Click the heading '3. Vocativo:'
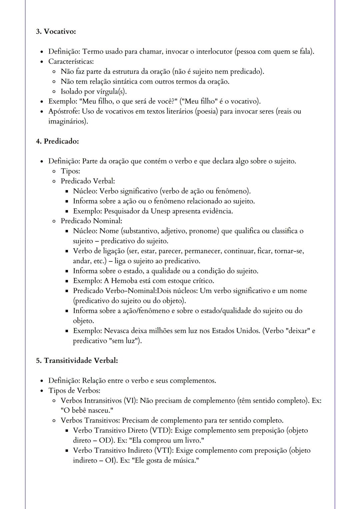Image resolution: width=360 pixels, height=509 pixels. (x=56, y=32)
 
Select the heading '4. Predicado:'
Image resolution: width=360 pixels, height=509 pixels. (x=57, y=141)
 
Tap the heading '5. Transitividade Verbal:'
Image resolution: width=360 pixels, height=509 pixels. (x=77, y=360)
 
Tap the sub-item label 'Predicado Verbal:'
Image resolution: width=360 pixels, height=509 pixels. (x=88, y=181)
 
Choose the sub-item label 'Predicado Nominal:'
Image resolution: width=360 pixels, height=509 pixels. (x=91, y=221)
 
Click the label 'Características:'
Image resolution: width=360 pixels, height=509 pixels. (x=71, y=62)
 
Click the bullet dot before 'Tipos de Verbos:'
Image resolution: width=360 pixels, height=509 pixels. (x=42, y=391)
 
